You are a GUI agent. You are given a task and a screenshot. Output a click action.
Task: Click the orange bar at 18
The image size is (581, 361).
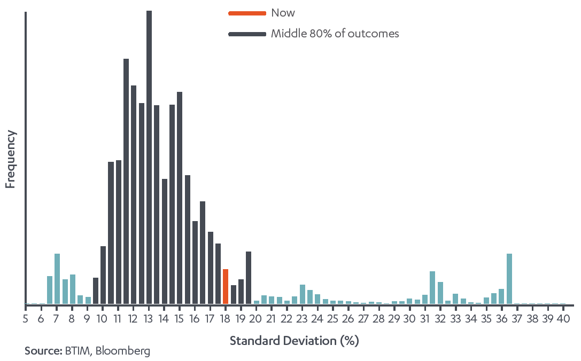[226, 287]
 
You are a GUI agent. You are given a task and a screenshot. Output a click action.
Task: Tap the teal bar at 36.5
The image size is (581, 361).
[509, 279]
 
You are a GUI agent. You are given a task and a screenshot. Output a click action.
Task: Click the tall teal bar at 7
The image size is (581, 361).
[57, 279]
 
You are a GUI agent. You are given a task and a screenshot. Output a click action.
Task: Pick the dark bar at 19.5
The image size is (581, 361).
[249, 278]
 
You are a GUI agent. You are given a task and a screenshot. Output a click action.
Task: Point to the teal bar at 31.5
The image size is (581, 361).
[432, 288]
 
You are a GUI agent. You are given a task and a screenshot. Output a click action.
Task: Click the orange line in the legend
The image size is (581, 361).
[247, 13]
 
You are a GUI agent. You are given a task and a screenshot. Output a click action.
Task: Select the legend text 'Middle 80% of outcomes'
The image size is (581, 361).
[335, 34]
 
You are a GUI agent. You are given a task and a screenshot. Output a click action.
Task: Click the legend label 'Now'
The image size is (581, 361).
[283, 13]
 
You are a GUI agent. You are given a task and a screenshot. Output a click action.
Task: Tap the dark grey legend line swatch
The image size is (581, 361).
[247, 34]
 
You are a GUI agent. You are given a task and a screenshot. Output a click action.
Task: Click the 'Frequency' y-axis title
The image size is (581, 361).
[10, 159]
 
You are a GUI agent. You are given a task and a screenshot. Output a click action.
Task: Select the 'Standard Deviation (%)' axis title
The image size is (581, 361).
[294, 341]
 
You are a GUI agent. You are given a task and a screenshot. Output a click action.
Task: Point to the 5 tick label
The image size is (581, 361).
[25, 319]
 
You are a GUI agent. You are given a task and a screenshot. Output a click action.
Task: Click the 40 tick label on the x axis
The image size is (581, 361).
[563, 319]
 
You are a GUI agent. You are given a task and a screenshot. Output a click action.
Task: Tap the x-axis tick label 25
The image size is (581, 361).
[332, 319]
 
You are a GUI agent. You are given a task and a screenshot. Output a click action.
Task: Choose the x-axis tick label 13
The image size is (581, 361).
[149, 319]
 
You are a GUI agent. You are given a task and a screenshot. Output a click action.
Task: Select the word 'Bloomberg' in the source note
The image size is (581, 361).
[124, 351]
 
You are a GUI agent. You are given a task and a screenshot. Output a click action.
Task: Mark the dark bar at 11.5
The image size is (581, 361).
[126, 182]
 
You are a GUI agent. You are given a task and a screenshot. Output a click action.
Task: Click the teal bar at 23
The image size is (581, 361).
[303, 294]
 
